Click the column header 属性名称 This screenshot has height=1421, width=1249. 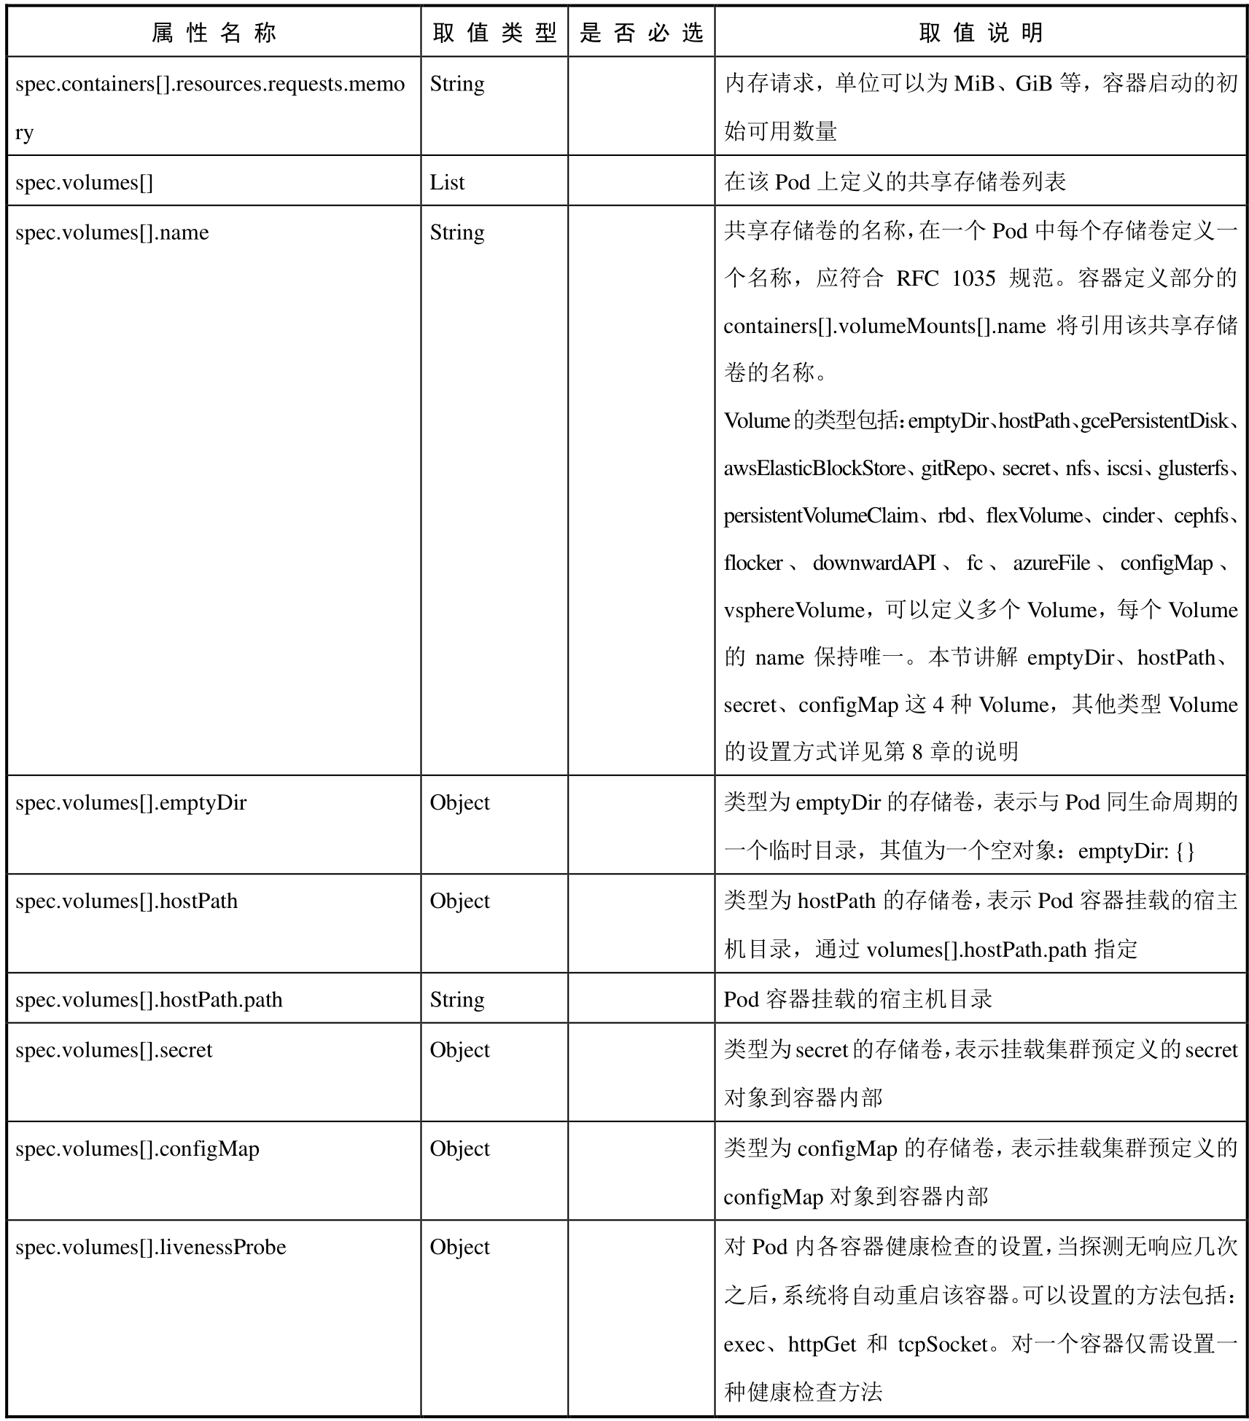click(214, 33)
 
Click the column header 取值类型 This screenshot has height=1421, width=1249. click(494, 33)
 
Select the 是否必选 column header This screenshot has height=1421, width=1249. click(641, 33)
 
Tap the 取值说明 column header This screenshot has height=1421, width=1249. click(981, 33)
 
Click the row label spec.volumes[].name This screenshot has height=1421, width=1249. click(112, 232)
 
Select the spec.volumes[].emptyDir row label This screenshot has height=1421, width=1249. click(131, 803)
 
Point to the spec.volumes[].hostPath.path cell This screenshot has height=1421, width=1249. click(148, 1000)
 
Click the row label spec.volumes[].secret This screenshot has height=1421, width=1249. click(114, 1050)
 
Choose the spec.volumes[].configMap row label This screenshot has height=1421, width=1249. click(137, 1149)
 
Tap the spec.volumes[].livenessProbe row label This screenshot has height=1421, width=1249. click(150, 1248)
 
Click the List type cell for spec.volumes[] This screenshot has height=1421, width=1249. click(446, 182)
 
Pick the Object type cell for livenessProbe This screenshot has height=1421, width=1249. click(459, 1248)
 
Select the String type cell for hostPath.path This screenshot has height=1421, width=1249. click(456, 1000)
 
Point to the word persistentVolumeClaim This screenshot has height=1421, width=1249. click(821, 516)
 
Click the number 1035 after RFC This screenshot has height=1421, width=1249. click(973, 278)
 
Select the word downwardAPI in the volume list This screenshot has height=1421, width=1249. click(873, 563)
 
